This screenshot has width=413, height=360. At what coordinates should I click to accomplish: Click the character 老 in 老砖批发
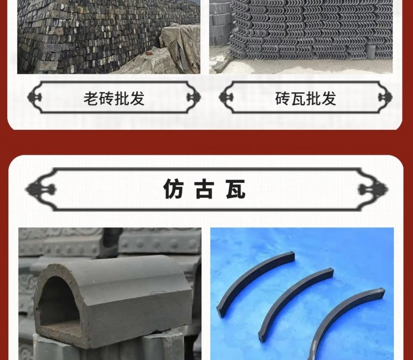[91, 99]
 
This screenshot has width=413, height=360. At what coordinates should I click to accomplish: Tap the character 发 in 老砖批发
[138, 99]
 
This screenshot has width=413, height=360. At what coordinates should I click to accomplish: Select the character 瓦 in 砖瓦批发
[298, 99]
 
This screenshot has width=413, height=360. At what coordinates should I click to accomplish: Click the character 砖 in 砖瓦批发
[282, 99]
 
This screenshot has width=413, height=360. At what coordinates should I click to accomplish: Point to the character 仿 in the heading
[173, 189]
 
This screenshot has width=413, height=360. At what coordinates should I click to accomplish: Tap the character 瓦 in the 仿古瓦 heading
[235, 189]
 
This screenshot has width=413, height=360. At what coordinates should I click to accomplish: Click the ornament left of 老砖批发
[35, 98]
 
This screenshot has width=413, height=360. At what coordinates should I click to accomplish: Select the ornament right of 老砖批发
[193, 98]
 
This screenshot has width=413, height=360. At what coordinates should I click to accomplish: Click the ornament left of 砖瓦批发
[226, 98]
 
